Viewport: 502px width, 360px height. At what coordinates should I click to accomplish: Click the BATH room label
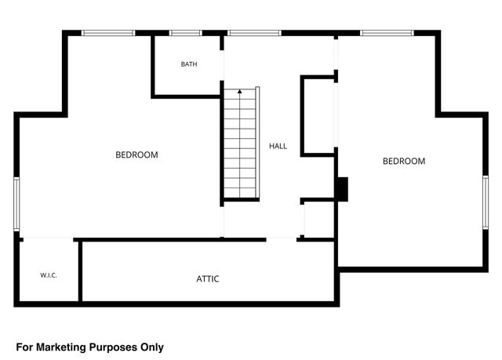[189, 64]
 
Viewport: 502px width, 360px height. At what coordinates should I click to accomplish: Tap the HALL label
[278, 146]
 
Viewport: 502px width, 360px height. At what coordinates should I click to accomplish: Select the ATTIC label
[208, 279]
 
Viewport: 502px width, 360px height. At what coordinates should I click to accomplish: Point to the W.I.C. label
[49, 275]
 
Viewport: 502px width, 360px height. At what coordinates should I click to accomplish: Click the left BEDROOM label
[136, 155]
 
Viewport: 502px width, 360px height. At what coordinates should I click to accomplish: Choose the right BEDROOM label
[404, 161]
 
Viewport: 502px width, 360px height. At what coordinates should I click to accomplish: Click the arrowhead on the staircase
[240, 92]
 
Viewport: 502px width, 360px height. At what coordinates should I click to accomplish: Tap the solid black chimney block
[342, 189]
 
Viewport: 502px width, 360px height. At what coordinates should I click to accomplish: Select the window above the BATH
[186, 33]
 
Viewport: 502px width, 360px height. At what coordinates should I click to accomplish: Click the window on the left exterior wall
[16, 204]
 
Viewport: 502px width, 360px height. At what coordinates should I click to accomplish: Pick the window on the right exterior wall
[486, 202]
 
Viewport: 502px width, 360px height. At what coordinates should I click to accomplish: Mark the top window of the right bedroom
[387, 33]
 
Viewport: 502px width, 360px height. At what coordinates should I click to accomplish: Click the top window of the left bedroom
[108, 33]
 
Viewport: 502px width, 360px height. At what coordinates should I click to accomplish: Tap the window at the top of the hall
[254, 33]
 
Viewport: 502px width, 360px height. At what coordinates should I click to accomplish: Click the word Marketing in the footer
[61, 347]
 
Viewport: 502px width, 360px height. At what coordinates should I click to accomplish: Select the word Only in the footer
[152, 347]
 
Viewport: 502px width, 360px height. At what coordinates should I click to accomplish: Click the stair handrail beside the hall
[257, 143]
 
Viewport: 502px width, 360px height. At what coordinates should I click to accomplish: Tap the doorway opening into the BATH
[222, 65]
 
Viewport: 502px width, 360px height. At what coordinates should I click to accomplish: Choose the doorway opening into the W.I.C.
[49, 238]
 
